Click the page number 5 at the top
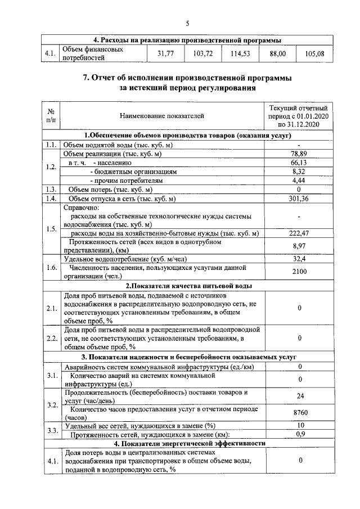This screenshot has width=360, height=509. (x=188, y=23)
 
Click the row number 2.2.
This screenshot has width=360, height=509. (x=51, y=338)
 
